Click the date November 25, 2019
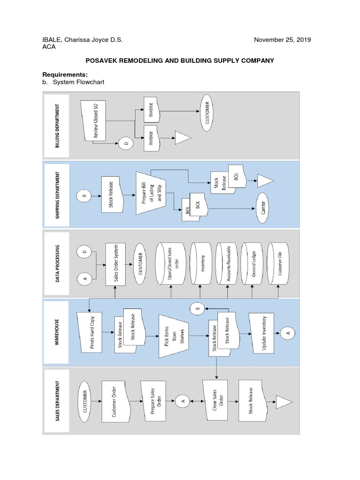coord(282,40)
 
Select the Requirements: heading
coord(65,75)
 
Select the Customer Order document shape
coord(115,401)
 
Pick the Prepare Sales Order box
coord(152,401)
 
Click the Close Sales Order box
coord(217,401)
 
